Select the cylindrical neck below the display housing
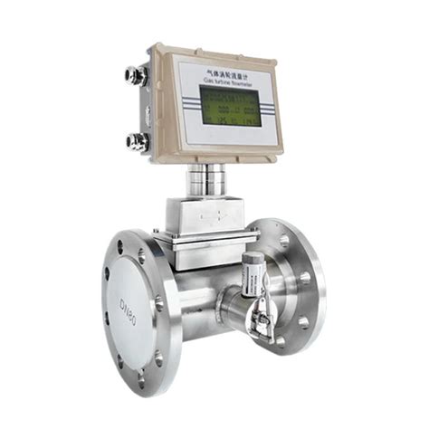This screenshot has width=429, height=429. click(207, 181)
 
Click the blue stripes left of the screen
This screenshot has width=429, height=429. click(190, 102)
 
